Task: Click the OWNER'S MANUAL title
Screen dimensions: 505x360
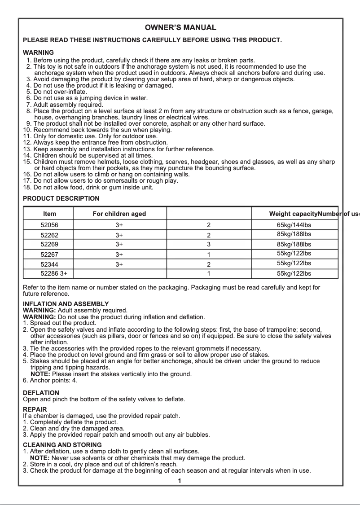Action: point(180,28)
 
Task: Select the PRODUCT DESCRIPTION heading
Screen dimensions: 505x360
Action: point(61,198)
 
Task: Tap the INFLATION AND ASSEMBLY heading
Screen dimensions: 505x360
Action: point(66,304)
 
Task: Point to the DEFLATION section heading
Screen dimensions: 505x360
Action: point(41,393)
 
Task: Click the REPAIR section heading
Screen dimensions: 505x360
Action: point(35,410)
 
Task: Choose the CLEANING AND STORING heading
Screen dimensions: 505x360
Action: point(62,445)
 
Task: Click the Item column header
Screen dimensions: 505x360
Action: point(50,214)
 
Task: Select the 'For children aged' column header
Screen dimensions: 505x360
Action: point(119,214)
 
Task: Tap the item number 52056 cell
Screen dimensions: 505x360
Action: point(49,225)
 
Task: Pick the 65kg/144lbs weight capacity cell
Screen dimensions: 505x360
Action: point(294,225)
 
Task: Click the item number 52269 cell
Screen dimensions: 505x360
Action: point(49,245)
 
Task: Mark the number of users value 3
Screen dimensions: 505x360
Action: point(209,245)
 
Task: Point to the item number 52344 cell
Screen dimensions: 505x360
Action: point(49,264)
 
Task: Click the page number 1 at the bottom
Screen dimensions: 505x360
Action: point(180,481)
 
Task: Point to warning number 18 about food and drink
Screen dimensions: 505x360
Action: point(88,187)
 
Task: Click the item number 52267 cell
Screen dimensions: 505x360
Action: point(49,254)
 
